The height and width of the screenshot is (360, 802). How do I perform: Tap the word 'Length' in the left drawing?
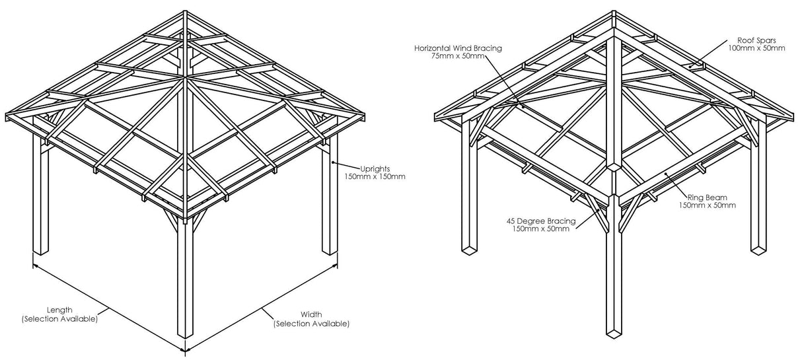59,309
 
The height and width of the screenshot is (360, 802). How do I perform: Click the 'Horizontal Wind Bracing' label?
458,48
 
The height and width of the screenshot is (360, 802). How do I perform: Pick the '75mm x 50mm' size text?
461,56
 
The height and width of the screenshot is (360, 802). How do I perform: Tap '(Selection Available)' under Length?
59,318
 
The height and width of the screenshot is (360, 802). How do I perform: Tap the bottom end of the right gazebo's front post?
614,334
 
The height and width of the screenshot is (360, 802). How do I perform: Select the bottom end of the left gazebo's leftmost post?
41,252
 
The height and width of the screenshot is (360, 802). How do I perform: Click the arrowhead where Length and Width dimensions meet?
185,350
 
